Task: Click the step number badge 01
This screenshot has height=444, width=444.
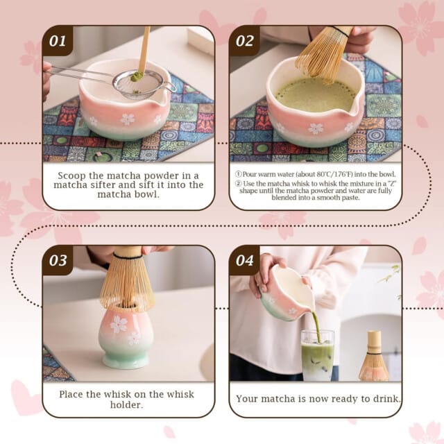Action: click(x=58, y=40)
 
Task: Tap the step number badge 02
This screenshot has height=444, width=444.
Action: click(x=245, y=40)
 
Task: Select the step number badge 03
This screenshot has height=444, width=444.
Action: click(x=58, y=260)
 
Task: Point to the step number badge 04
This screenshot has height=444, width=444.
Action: click(x=245, y=260)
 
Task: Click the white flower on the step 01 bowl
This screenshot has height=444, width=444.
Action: click(x=127, y=119)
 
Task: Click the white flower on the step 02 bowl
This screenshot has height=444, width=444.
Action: click(x=316, y=128)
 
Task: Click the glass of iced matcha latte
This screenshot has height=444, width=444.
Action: click(x=317, y=355)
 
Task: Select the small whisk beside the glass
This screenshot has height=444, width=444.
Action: click(x=374, y=359)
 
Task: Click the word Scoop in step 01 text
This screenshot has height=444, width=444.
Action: click(x=75, y=176)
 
